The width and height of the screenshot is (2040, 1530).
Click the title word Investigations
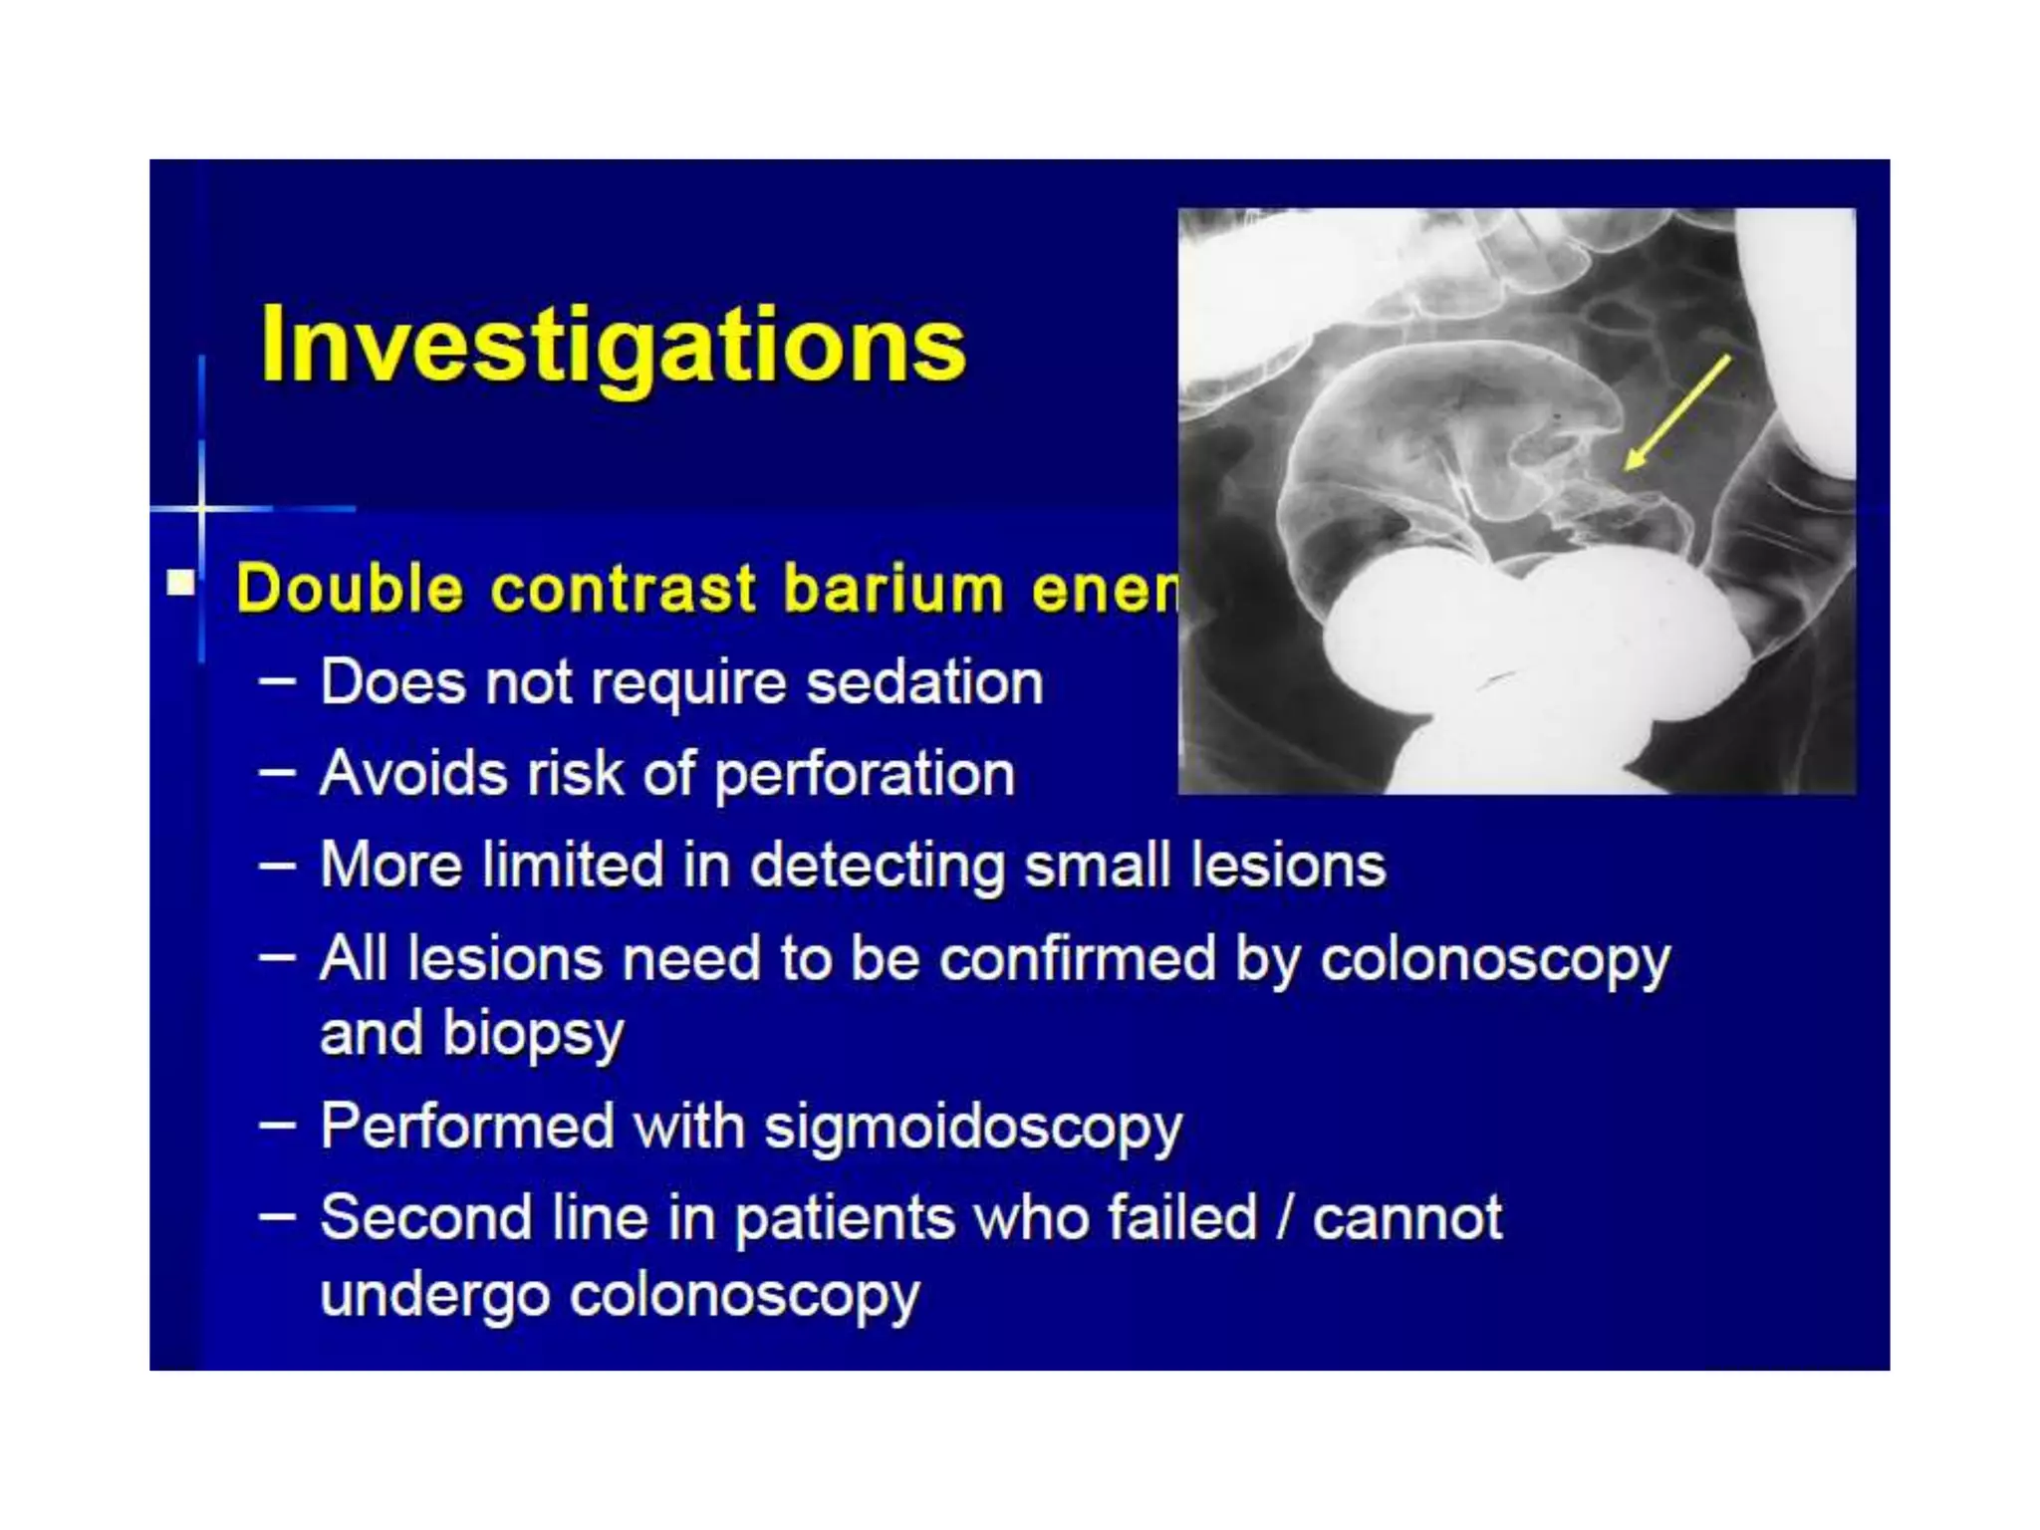coord(612,346)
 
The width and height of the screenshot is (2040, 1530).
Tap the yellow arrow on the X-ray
coord(1677,412)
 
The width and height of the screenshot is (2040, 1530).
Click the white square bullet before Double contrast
coord(181,582)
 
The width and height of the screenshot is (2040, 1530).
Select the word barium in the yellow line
coord(892,589)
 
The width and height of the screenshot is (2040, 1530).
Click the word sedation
coord(923,682)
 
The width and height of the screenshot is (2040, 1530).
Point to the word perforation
coord(865,774)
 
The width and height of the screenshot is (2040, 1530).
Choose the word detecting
coord(877,865)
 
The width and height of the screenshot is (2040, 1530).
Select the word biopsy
coord(533,1034)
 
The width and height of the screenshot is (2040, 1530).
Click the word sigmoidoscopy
coord(973,1127)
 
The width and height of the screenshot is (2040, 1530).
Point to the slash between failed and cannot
coord(1285,1217)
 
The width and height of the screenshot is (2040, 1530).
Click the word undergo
coord(434,1295)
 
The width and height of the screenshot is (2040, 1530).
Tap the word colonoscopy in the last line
coord(744,1295)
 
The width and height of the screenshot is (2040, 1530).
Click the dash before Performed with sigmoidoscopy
coord(277,1127)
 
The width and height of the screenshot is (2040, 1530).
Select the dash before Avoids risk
coord(277,772)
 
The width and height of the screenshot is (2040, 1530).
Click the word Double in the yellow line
coord(350,589)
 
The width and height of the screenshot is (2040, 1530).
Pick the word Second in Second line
coord(426,1217)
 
